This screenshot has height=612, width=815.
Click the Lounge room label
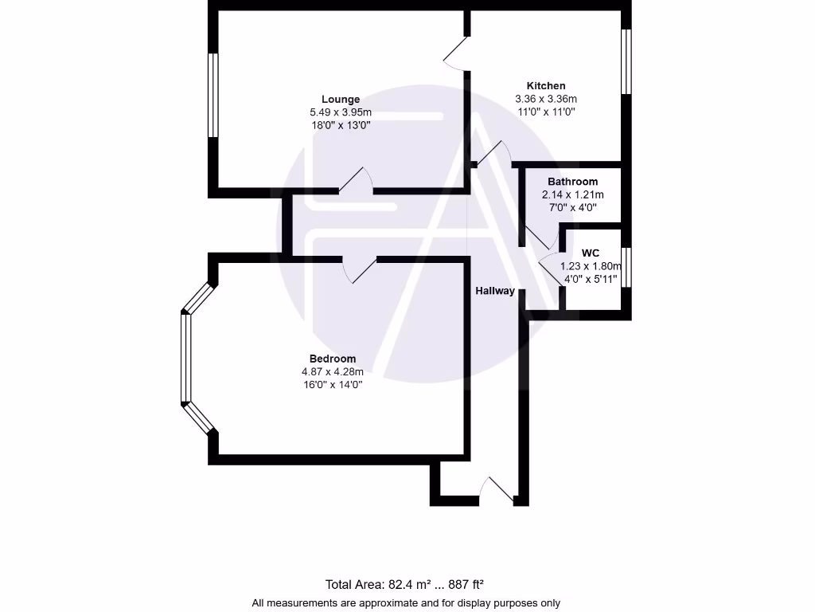pos(341,100)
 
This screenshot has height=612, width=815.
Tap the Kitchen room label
pos(546,86)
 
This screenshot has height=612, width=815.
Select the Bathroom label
pos(572,182)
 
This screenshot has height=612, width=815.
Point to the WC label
pos(591,253)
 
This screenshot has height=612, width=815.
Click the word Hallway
pos(495,291)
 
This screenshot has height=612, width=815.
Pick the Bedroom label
pos(333,359)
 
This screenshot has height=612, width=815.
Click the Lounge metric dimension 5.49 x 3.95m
pos(341,112)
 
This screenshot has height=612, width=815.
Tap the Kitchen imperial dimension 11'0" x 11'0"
pos(546,112)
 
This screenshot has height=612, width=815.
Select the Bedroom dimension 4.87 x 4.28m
pos(333,371)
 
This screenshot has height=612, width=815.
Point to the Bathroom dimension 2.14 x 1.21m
pos(572,194)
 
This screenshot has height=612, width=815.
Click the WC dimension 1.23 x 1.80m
pos(591,266)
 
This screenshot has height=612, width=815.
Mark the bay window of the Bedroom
pos(185,357)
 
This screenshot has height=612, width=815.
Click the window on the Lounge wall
pos(213,95)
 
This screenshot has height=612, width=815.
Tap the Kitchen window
pos(626,61)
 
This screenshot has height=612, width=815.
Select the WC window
pos(626,267)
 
